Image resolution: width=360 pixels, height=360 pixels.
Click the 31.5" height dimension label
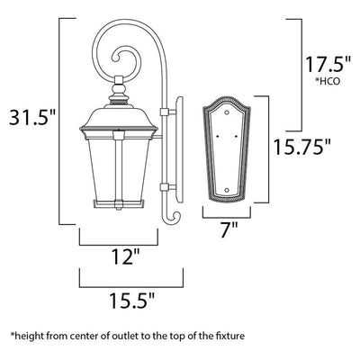(x=32, y=117)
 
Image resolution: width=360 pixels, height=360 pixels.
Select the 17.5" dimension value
(x=328, y=64)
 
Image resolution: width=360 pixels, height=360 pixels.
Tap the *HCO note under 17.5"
(x=328, y=81)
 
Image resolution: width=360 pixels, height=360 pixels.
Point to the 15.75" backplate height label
(x=302, y=147)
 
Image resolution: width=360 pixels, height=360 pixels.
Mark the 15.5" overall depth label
(x=132, y=301)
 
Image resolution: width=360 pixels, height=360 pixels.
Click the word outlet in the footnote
(x=128, y=336)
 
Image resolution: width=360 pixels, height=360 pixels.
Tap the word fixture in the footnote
(x=230, y=336)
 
